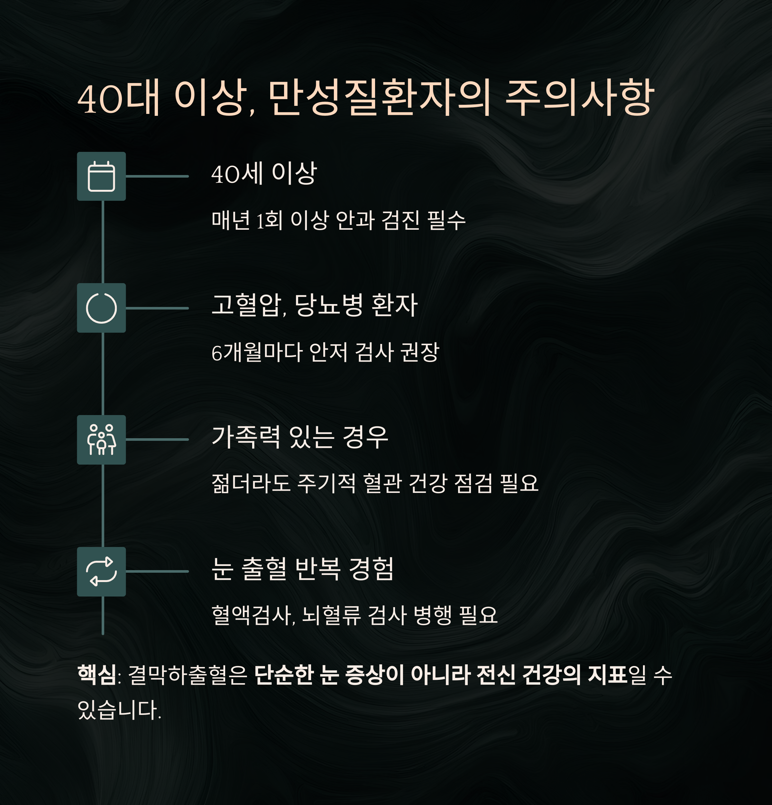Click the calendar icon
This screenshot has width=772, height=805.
pyautogui.click(x=101, y=176)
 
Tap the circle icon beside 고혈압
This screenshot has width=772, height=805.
pyautogui.click(x=101, y=308)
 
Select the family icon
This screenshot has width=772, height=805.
pyautogui.click(x=101, y=440)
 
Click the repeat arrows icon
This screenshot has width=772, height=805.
pyautogui.click(x=101, y=571)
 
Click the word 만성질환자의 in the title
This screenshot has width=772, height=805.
pyautogui.click(x=380, y=98)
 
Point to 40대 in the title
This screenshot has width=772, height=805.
pyautogui.click(x=119, y=98)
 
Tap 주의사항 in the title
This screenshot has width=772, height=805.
pyautogui.click(x=579, y=98)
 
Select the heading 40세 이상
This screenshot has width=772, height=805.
pyautogui.click(x=264, y=174)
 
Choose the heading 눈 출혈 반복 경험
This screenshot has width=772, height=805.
pyautogui.click(x=303, y=569)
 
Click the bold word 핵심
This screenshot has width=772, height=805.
pyautogui.click(x=97, y=674)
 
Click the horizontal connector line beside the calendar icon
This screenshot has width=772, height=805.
pyautogui.click(x=157, y=176)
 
